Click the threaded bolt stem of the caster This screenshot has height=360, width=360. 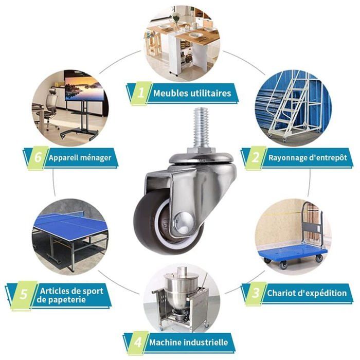[201, 128]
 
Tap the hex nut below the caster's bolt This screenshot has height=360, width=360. [202, 151]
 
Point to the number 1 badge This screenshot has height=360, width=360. [140, 93]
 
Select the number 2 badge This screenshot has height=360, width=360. [255, 158]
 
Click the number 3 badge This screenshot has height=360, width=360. [255, 294]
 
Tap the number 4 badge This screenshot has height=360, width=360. [138, 343]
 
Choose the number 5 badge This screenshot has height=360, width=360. [24, 295]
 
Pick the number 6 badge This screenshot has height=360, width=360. [38, 158]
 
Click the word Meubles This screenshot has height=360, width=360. [170, 93]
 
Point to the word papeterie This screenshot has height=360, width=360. [61, 300]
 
